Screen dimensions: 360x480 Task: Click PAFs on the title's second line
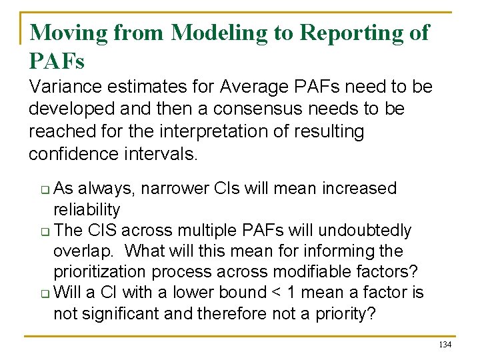[57, 61]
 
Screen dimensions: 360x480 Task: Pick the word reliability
[87, 210]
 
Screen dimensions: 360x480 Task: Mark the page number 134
[445, 344]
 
